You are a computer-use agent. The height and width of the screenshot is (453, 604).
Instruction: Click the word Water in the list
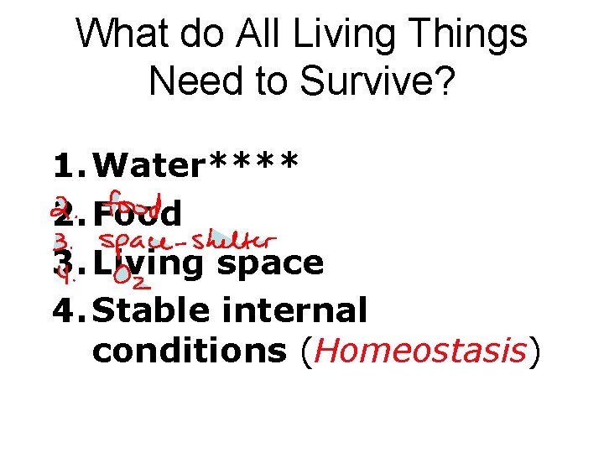click(x=149, y=165)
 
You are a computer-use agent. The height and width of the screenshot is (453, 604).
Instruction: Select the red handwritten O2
click(x=127, y=274)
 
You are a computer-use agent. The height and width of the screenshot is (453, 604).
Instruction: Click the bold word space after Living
click(x=271, y=263)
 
